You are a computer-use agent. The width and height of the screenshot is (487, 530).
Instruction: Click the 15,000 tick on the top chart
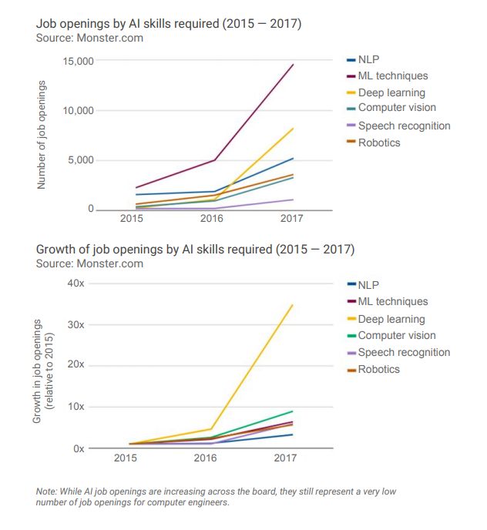tap(77, 61)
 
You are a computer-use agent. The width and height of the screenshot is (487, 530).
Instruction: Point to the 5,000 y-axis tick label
tap(80, 160)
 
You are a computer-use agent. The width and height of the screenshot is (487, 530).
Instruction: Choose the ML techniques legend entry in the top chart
tap(392, 75)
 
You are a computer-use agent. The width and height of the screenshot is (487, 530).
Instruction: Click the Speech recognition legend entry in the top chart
tap(404, 126)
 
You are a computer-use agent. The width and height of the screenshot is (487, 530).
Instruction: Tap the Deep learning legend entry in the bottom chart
tap(391, 319)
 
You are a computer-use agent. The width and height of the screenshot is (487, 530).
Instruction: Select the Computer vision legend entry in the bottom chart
tap(396, 336)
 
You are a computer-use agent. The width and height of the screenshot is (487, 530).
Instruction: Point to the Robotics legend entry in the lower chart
tap(378, 370)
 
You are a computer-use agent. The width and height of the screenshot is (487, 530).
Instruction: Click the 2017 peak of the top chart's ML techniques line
tap(293, 65)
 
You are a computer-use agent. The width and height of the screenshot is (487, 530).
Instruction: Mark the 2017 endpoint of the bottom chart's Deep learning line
tap(293, 305)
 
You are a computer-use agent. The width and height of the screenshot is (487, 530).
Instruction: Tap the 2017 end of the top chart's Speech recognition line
tap(293, 200)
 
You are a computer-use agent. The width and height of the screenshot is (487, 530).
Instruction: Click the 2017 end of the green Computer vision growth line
tap(293, 411)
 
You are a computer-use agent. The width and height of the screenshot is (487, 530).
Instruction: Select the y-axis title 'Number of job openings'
tap(44, 135)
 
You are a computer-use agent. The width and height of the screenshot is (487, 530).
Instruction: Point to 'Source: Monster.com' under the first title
tap(89, 38)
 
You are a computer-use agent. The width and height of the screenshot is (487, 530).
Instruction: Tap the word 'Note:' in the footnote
tap(49, 491)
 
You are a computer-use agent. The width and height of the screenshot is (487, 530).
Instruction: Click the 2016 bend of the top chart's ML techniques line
tap(214, 160)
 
